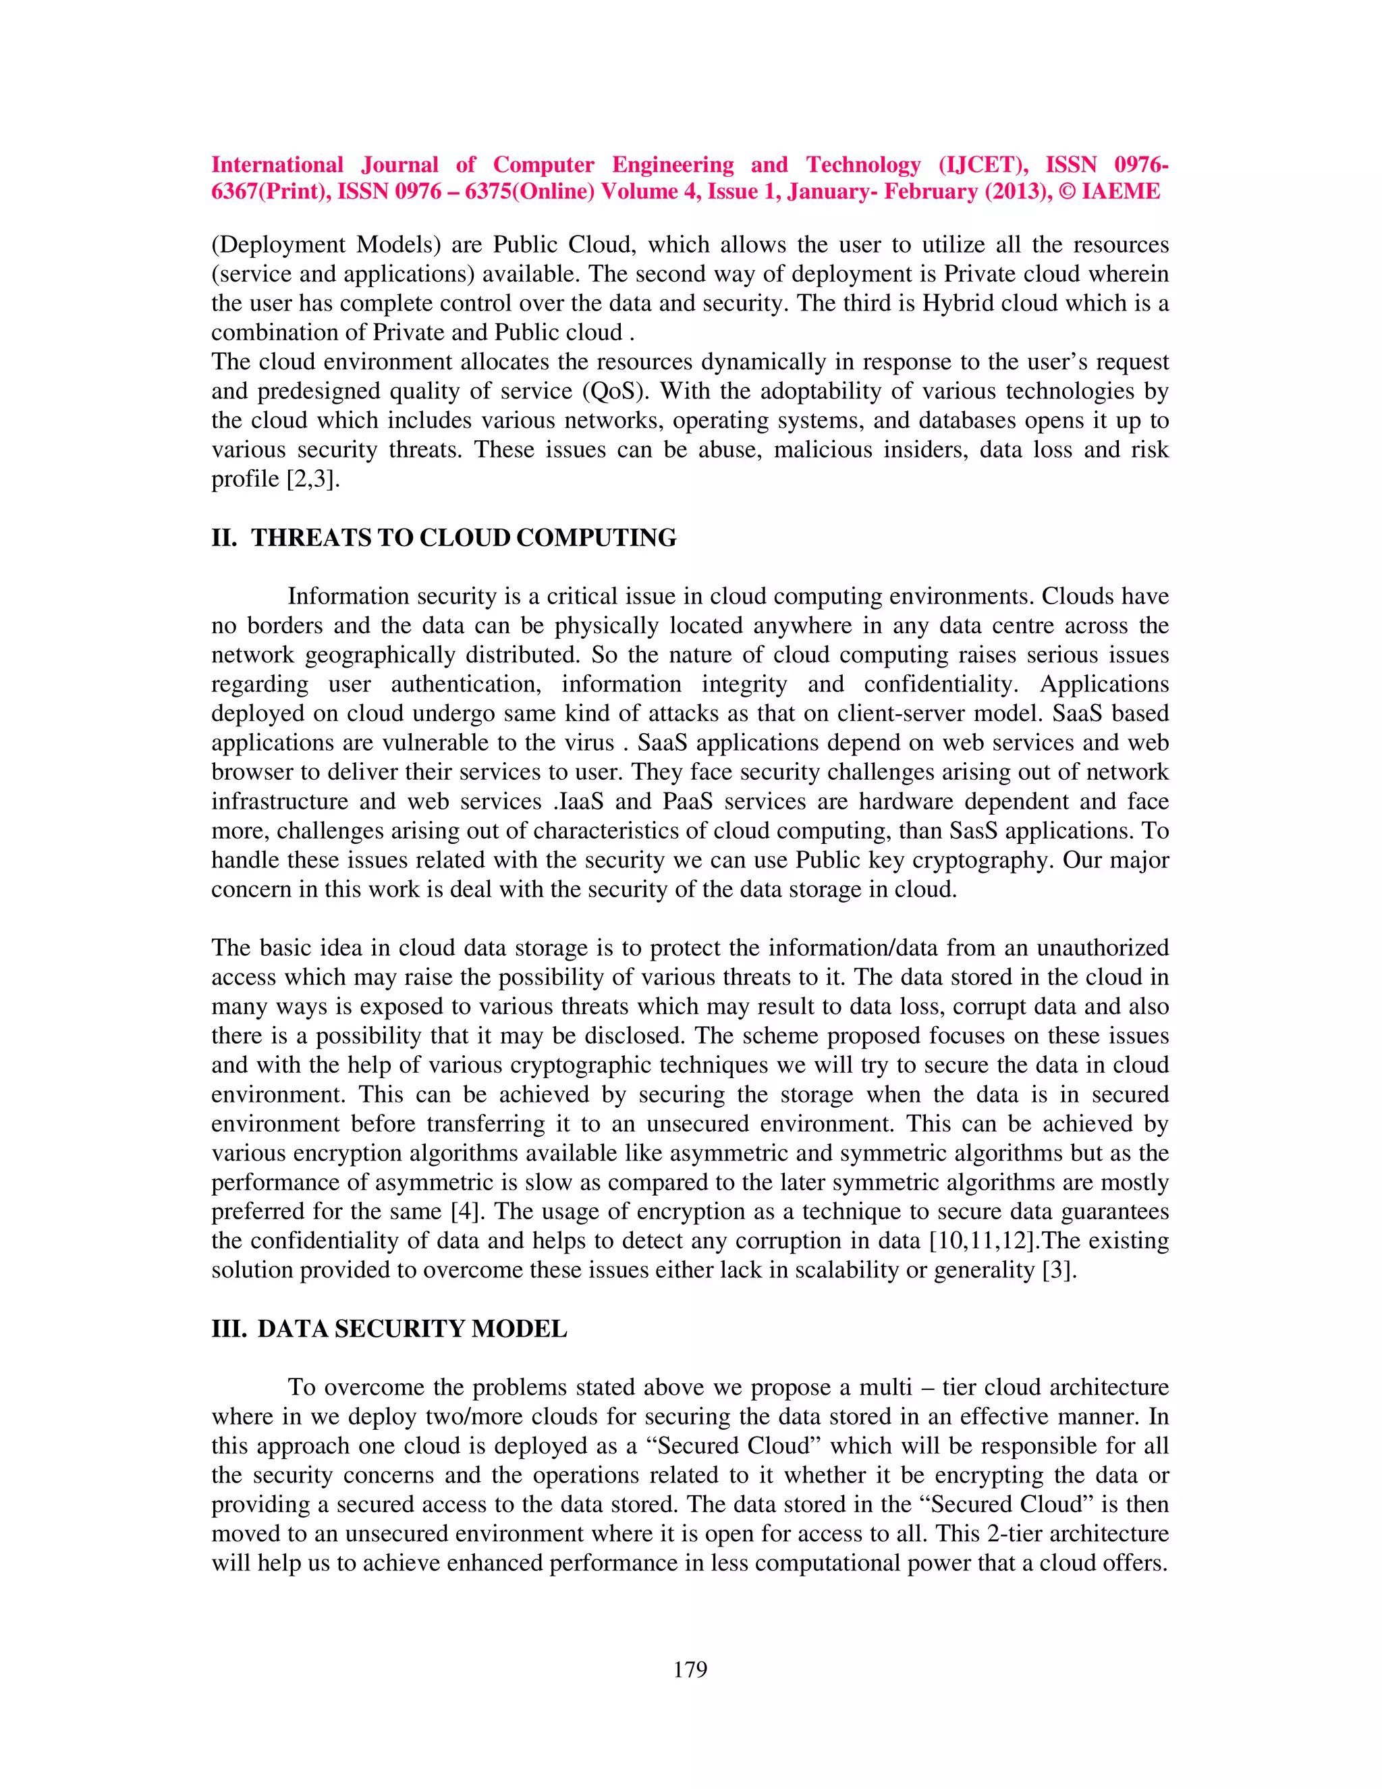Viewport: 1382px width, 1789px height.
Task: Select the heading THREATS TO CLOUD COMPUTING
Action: pyautogui.click(x=464, y=538)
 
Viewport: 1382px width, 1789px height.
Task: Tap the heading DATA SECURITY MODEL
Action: pyautogui.click(x=412, y=1329)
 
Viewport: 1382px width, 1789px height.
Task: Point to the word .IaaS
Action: pyautogui.click(x=577, y=801)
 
